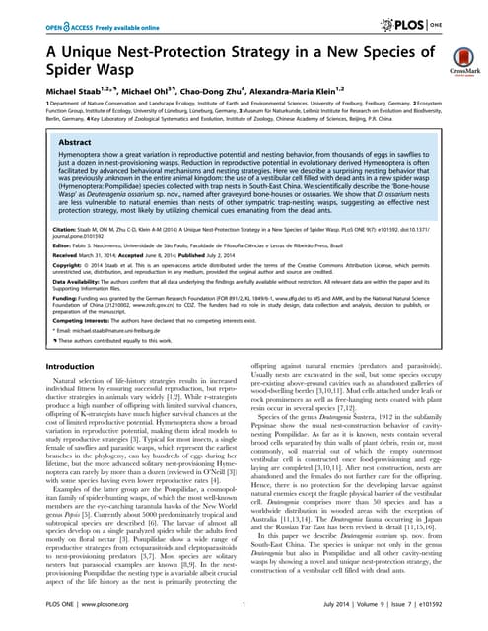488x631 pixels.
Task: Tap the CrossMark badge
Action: coord(457,61)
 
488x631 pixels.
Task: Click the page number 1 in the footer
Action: coord(244,618)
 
